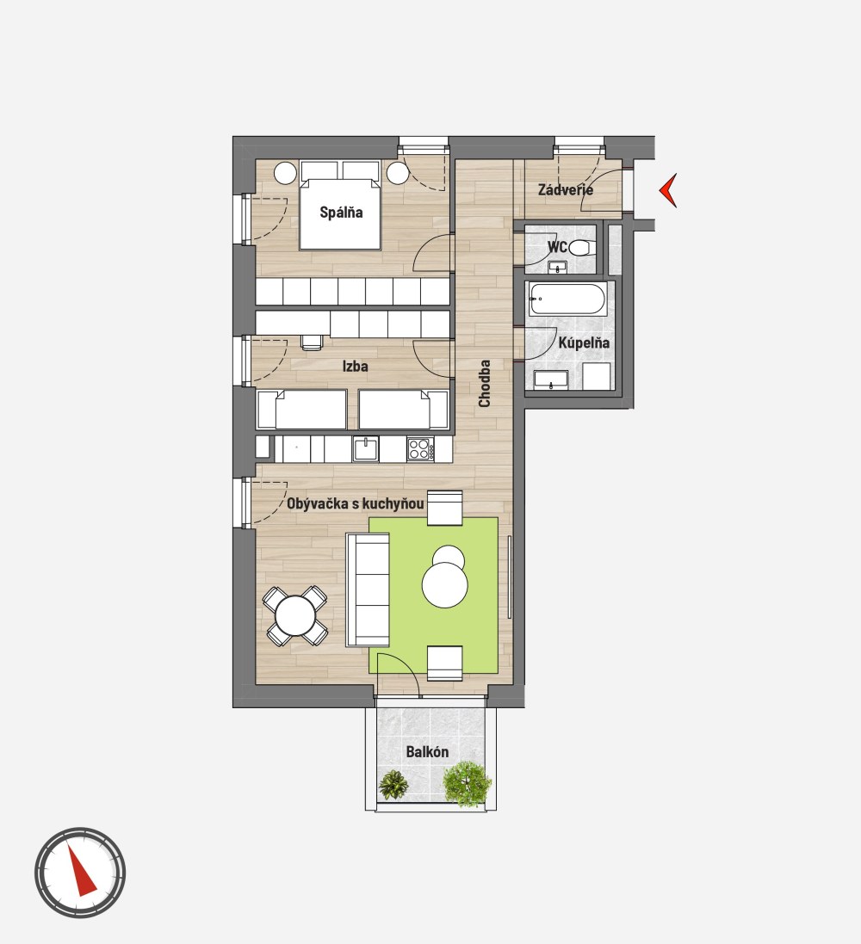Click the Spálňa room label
341,212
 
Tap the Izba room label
355,366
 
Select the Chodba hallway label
485,384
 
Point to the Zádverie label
565,189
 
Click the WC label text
557,247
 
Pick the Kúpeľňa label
583,342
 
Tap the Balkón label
427,752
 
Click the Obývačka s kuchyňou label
355,503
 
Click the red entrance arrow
668,190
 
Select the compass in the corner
79,873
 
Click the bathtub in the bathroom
567,299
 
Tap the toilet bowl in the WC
581,248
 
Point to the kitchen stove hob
420,449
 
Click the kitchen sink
366,448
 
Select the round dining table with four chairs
295,615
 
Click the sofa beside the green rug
368,590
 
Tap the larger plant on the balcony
467,784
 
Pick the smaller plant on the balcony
393,785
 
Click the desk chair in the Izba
312,342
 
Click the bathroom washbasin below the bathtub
551,379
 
